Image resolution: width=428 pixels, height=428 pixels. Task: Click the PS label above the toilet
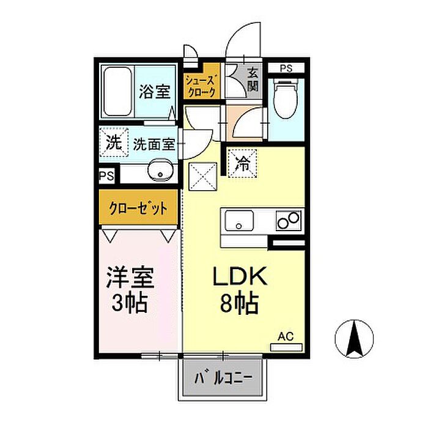[x=286, y=68]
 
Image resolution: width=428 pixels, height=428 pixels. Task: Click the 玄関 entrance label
[x=253, y=79]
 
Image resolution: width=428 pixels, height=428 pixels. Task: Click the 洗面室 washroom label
[x=153, y=145]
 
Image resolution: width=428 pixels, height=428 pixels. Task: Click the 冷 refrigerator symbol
[x=242, y=164]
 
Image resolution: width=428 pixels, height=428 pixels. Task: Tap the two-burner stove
[x=288, y=220]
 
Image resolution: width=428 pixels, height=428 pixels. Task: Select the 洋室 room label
[x=130, y=278]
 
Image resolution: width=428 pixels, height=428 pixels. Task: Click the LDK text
[x=240, y=278]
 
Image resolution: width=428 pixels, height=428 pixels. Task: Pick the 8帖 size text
[x=239, y=303]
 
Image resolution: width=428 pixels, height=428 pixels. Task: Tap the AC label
[x=286, y=336]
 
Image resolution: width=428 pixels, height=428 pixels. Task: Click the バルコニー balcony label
[x=223, y=378]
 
